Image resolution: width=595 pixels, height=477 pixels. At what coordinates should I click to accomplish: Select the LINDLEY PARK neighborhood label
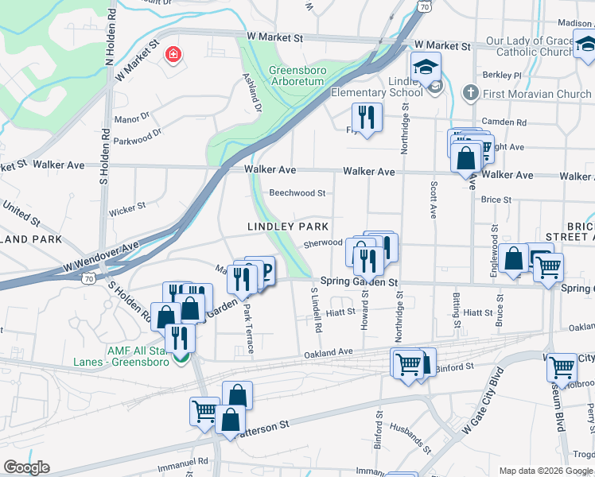pyautogui.click(x=288, y=227)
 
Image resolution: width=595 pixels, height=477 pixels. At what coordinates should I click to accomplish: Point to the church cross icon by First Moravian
pyautogui.click(x=470, y=93)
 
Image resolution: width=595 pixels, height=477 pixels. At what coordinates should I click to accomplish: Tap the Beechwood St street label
pyautogui.click(x=297, y=193)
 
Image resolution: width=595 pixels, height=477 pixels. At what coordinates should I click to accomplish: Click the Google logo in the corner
pyautogui.click(x=26, y=468)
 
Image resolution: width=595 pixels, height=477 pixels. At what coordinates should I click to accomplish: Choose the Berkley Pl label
pyautogui.click(x=505, y=76)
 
